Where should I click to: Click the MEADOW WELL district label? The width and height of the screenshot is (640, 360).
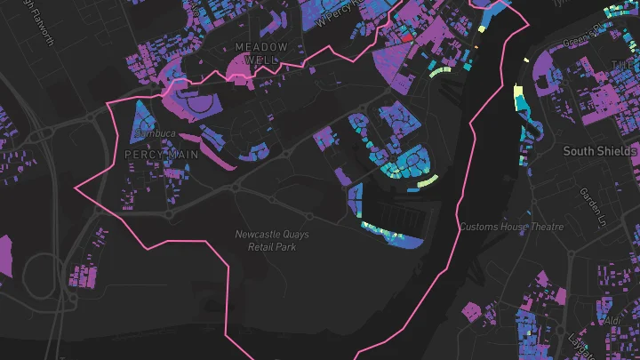[261, 52]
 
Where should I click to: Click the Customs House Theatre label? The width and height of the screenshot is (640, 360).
[511, 227]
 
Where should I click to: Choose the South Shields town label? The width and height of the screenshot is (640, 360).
[600, 152]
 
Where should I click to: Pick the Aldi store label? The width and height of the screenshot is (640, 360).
[612, 319]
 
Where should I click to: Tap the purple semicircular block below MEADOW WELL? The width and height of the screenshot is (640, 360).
[240, 68]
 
